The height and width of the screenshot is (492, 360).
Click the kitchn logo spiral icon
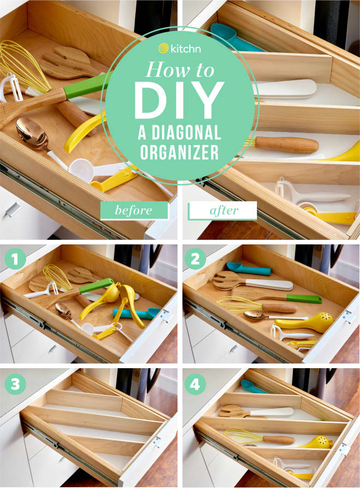(164, 49)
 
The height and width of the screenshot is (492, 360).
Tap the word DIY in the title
(179, 99)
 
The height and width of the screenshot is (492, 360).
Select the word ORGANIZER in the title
(179, 152)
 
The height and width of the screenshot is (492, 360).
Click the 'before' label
(134, 210)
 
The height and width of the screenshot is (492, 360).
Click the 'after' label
(223, 211)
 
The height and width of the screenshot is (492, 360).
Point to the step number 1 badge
(15, 259)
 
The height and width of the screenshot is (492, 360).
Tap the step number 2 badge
(195, 260)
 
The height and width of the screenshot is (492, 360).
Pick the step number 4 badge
(195, 384)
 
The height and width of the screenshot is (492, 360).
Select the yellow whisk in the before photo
(23, 68)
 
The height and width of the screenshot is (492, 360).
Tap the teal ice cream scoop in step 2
(248, 268)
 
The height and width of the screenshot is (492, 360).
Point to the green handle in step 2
(304, 298)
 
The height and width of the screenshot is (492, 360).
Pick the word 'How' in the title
(165, 69)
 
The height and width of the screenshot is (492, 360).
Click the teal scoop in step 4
(253, 387)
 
